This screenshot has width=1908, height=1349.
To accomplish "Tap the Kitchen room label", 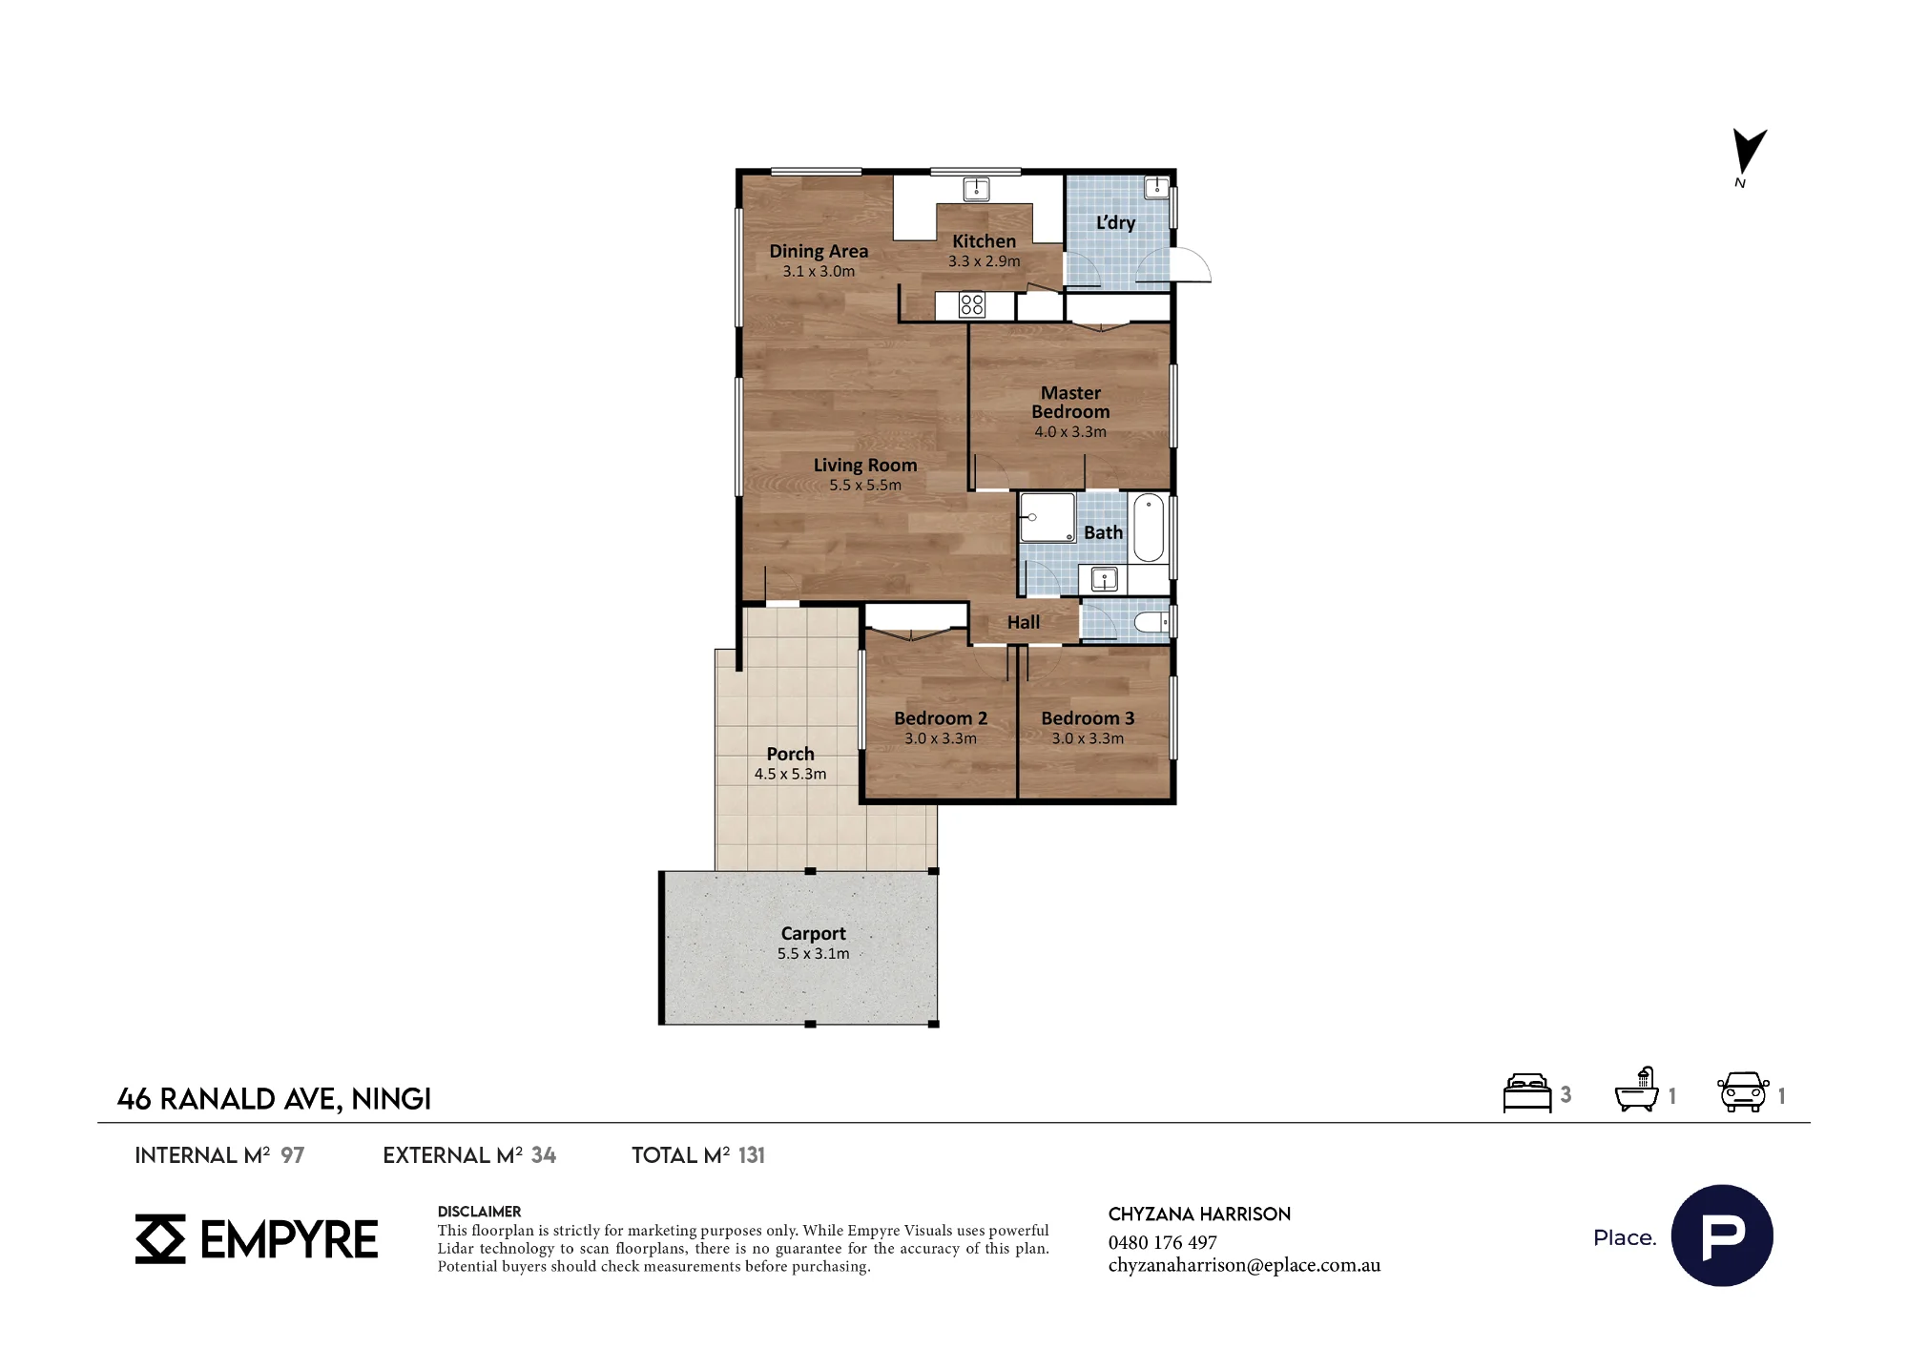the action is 984,241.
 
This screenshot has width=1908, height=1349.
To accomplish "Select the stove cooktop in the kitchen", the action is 972,305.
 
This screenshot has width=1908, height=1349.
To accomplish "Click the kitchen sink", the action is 976,189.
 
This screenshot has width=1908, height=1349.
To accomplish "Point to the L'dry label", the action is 1115,222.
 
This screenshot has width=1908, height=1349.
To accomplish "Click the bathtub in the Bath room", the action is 1149,528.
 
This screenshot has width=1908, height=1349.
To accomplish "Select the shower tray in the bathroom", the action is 1047,517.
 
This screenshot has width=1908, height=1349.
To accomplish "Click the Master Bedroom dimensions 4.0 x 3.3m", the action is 1070,432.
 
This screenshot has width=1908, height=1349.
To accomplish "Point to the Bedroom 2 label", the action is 941,718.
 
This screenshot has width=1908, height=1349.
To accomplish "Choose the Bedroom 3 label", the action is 1088,718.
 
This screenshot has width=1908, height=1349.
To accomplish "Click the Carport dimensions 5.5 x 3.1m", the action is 813,954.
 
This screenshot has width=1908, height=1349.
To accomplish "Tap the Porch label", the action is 790,754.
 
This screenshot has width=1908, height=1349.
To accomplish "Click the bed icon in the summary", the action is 1527,1093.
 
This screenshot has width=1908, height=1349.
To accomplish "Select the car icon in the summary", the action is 1743,1092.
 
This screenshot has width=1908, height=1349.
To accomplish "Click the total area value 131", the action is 752,1155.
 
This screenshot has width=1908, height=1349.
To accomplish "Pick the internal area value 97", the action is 293,1155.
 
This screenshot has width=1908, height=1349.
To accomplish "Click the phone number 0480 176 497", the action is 1162,1242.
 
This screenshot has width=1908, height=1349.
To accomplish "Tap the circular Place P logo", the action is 1722,1235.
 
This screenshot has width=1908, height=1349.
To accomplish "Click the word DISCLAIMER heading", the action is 479,1212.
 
